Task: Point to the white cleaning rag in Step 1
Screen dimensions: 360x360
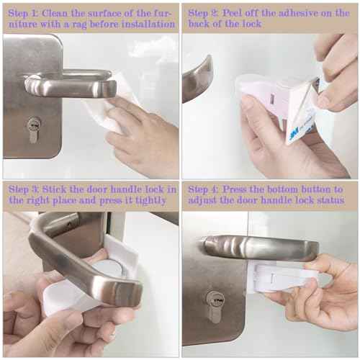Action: click(108, 108)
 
